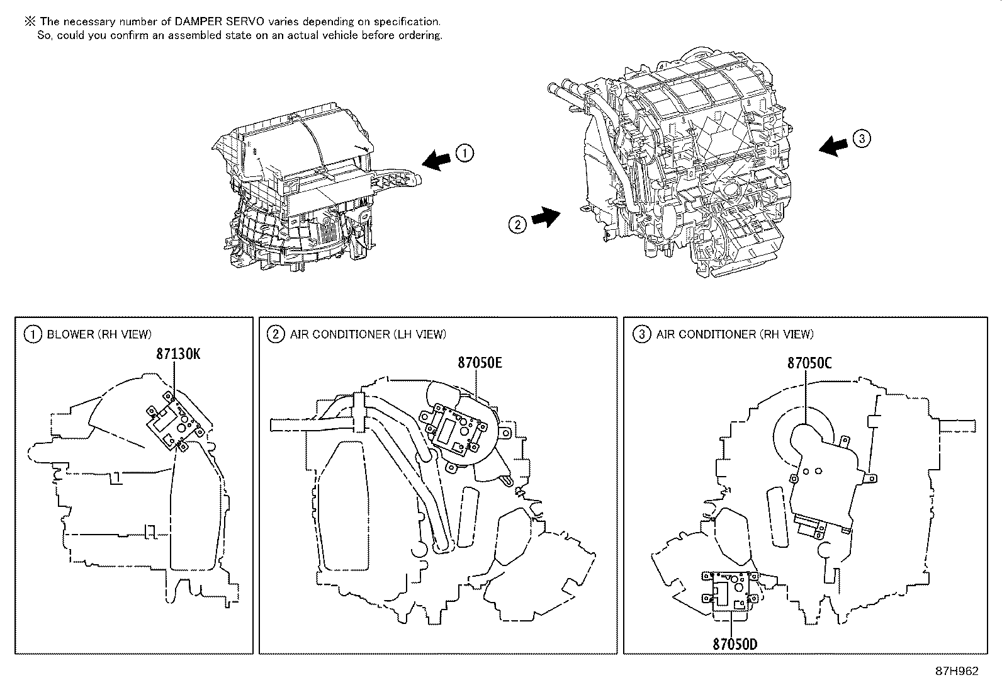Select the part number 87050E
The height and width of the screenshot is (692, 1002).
click(480, 363)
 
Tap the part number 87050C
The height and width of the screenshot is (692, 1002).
click(809, 363)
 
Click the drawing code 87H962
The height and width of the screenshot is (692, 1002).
click(957, 671)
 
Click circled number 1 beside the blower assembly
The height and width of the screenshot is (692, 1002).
click(464, 153)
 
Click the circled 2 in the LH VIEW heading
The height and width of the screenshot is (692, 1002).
click(275, 334)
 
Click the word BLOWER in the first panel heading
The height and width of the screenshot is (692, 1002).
click(70, 334)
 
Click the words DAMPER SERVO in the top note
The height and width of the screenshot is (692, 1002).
click(208, 21)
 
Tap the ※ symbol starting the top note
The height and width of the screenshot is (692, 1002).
click(29, 21)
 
